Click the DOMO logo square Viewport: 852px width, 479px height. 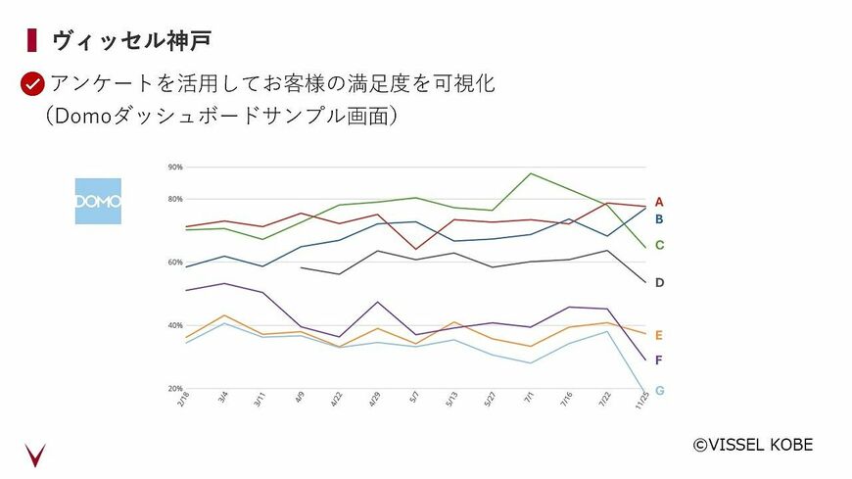click(98, 201)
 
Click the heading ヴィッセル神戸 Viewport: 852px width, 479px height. click(132, 40)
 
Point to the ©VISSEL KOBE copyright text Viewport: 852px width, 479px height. click(752, 445)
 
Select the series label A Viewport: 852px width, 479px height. click(659, 202)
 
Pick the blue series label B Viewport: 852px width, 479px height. click(659, 218)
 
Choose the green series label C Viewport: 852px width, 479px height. click(659, 245)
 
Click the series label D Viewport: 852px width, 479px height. click(659, 282)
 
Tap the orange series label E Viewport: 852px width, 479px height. click(659, 335)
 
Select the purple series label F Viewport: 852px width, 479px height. click(659, 359)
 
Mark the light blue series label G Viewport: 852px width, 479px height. click(659, 390)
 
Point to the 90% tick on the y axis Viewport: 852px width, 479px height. click(175, 168)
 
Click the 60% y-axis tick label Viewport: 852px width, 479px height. click(175, 262)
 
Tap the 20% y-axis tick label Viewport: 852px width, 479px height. click(175, 388)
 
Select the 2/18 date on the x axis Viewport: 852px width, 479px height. click(183, 401)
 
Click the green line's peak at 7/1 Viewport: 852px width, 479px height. click(530, 173)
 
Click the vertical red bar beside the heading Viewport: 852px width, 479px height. click(32, 40)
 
